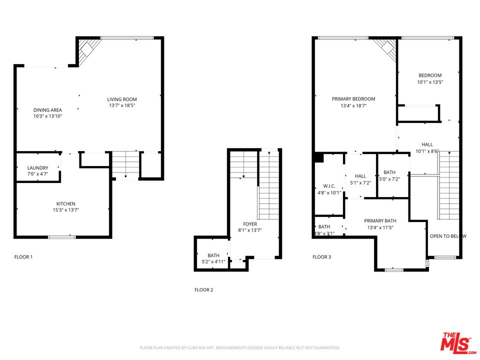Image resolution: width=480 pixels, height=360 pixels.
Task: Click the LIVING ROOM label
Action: [122, 99]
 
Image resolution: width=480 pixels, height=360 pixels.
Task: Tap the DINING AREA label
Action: [47, 110]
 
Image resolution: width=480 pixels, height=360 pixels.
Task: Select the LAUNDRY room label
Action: [37, 168]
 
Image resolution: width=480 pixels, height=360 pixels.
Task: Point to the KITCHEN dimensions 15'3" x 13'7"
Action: [65, 210]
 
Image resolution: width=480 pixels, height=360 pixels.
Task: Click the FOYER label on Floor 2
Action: [250, 224]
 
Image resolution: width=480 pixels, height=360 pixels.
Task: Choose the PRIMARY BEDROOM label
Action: [353, 99]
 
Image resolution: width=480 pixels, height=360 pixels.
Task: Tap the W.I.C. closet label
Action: [328, 186]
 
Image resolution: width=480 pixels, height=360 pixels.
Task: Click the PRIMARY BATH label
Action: [380, 221]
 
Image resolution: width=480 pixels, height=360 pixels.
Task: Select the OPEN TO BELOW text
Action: [448, 236]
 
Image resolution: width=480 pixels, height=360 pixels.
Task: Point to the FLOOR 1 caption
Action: [23, 257]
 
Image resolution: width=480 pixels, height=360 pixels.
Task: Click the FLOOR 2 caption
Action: [203, 289]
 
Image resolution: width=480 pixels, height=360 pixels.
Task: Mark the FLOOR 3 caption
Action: [321, 257]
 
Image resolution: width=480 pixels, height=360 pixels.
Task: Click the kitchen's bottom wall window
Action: [61, 237]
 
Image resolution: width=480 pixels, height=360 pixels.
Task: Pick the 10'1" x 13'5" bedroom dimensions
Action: [430, 82]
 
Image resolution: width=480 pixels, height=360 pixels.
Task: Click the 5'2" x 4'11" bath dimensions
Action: [213, 261]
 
